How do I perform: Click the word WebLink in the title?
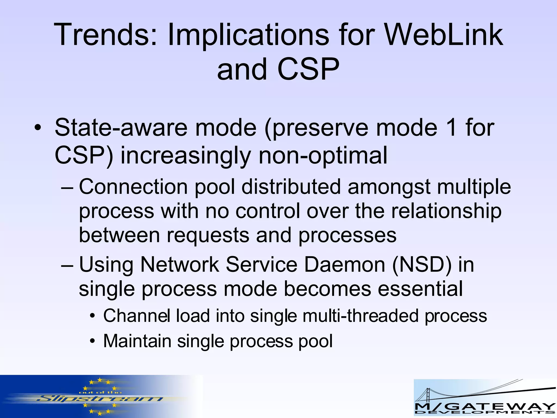[444, 35]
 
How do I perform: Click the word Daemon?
[345, 265]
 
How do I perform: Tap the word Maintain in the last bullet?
[137, 341]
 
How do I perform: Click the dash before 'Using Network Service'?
[67, 265]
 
